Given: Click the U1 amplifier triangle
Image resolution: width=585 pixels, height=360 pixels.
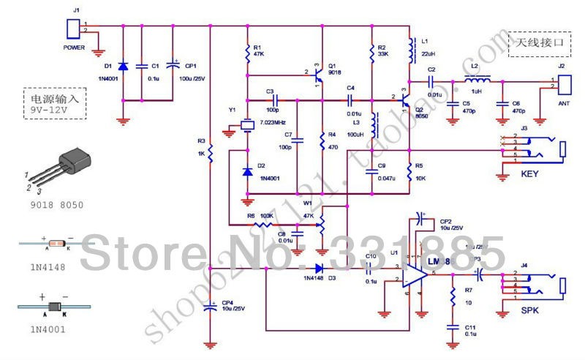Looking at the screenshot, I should [x=415, y=273].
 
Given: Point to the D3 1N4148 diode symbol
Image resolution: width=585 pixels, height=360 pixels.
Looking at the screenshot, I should [x=320, y=269].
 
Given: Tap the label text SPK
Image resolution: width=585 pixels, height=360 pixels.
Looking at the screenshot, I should [x=531, y=311].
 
